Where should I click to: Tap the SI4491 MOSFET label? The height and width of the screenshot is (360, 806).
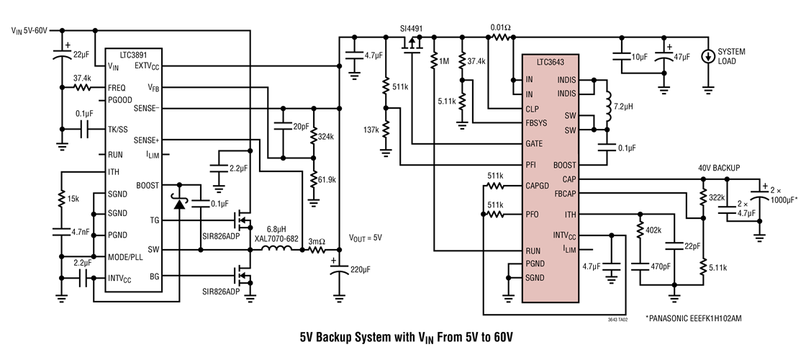412,30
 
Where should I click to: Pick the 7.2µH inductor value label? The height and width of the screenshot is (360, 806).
624,115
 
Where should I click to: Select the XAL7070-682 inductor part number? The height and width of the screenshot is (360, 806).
282,237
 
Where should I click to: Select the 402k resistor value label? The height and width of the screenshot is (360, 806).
656,230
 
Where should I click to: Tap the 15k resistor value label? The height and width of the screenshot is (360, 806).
74,198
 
